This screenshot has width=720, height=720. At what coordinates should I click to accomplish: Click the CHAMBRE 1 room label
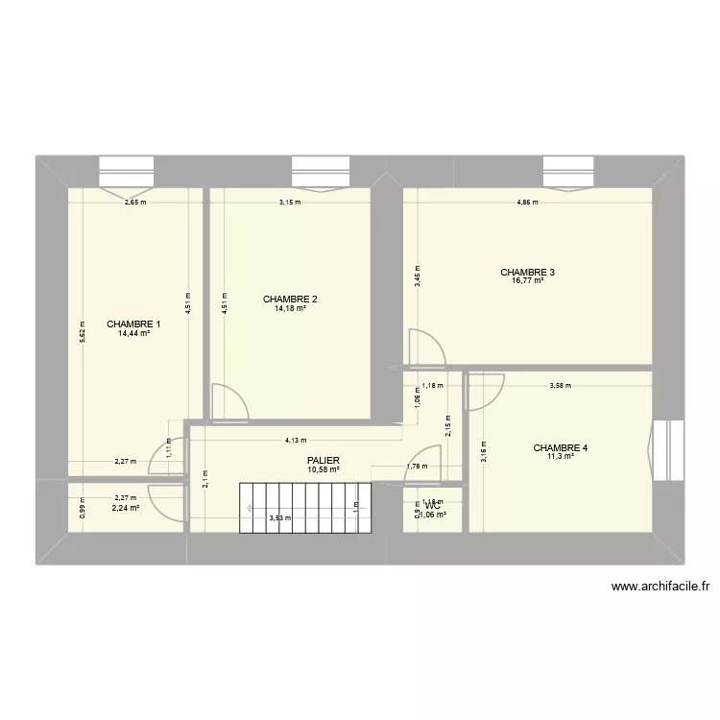[133, 324]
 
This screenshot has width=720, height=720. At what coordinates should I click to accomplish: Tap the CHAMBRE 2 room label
[290, 299]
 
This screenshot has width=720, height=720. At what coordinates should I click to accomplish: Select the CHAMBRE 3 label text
[527, 272]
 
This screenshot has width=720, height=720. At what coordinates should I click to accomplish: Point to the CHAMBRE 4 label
[561, 447]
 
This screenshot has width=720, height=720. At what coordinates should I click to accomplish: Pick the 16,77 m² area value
[527, 281]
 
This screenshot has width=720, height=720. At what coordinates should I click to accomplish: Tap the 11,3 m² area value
[561, 457]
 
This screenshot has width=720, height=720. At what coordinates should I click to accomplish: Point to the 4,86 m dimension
[527, 203]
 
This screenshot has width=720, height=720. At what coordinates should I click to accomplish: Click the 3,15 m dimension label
[290, 203]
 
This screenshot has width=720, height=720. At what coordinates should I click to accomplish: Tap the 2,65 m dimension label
[134, 203]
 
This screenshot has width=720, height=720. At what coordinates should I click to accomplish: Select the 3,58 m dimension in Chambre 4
[560, 387]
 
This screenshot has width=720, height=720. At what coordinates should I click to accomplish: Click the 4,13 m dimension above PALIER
[295, 441]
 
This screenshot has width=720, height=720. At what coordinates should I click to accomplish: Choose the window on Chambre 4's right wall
[664, 447]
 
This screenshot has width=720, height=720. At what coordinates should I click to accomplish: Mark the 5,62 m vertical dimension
[83, 331]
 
